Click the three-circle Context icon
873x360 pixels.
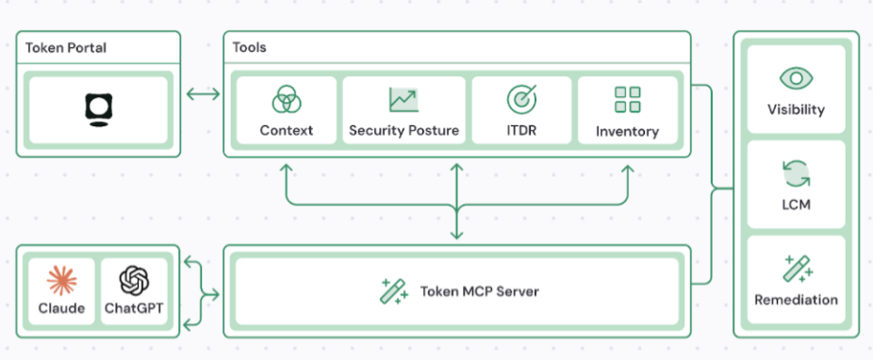click(x=286, y=99)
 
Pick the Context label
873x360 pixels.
click(x=286, y=131)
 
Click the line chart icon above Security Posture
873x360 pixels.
click(x=404, y=99)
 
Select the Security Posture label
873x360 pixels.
click(x=404, y=131)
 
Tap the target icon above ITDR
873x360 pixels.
click(x=521, y=99)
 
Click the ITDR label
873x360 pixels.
click(x=521, y=131)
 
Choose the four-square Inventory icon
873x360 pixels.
click(x=627, y=99)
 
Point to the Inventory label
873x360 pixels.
click(x=627, y=132)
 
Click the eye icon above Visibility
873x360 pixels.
click(x=796, y=78)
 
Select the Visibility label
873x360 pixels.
click(x=796, y=109)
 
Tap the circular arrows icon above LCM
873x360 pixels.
click(x=796, y=173)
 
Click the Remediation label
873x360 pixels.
click(x=796, y=300)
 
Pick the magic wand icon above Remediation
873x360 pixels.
click(x=796, y=269)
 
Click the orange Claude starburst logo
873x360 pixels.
click(x=61, y=280)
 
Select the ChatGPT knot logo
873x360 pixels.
click(x=135, y=280)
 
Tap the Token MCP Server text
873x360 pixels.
click(x=479, y=291)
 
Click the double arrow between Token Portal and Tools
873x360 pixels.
click(x=201, y=93)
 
